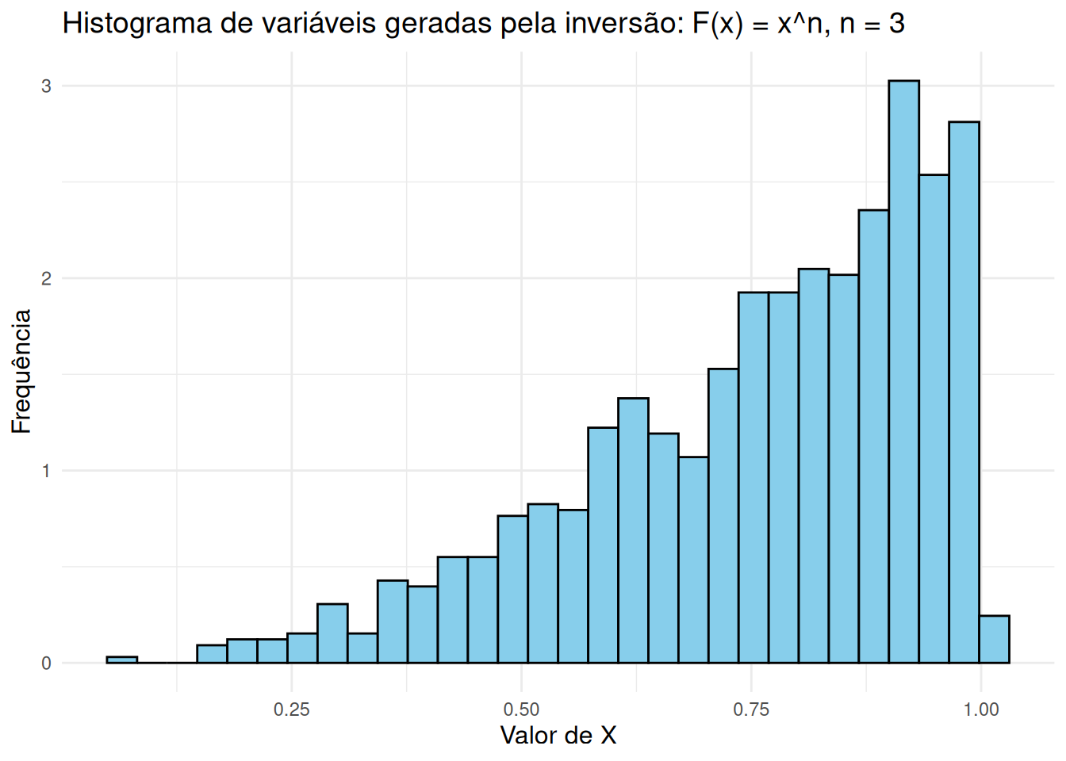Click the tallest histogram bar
pyautogui.click(x=903, y=373)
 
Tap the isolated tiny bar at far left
pyautogui.click(x=121, y=660)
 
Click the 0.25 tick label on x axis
pyautogui.click(x=291, y=709)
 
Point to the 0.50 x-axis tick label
pyautogui.click(x=521, y=709)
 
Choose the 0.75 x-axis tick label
pyautogui.click(x=751, y=709)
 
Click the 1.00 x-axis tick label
pyautogui.click(x=981, y=709)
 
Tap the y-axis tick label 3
pyautogui.click(x=46, y=86)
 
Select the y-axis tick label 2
pyautogui.click(x=46, y=278)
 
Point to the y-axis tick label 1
pyautogui.click(x=46, y=471)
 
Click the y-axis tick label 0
pyautogui.click(x=46, y=663)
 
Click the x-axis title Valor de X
pyautogui.click(x=558, y=736)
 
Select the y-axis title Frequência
pyautogui.click(x=21, y=371)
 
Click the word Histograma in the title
pyautogui.click(x=127, y=24)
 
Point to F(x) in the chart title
pyautogui.click(x=717, y=24)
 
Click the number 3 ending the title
pyautogui.click(x=896, y=24)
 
